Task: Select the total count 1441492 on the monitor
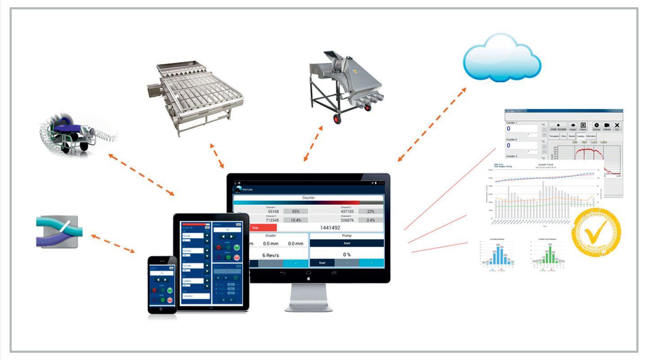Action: point(330,228)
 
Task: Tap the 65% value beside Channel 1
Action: point(296,211)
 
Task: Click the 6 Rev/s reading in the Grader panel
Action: point(270,255)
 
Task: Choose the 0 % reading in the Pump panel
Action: point(347,254)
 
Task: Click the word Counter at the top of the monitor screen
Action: point(308,197)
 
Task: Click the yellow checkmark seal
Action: point(596,232)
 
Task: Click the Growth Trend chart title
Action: point(545,165)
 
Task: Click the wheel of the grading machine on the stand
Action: point(337,119)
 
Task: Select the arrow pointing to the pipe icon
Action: point(113,243)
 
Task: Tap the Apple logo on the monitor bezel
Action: point(308,279)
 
